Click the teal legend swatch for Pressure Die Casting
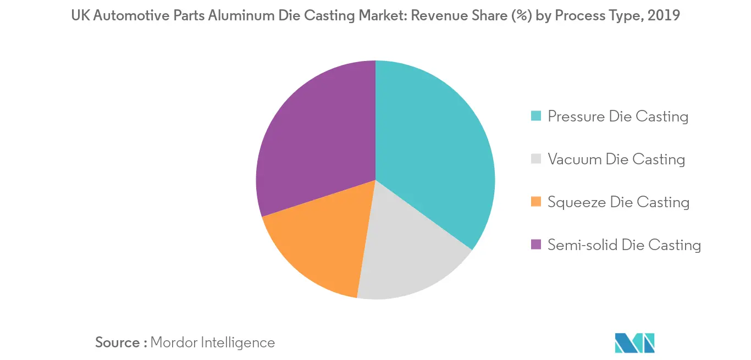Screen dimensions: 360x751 535,117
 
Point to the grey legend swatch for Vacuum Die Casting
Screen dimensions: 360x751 535,159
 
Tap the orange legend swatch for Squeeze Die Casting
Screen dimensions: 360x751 535,202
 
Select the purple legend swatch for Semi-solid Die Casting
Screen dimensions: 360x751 535,245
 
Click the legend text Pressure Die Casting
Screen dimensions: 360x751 618,117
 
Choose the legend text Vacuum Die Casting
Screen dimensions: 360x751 616,159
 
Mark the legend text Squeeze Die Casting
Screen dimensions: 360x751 619,202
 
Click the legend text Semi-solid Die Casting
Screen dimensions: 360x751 624,245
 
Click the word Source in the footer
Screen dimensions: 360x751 118,342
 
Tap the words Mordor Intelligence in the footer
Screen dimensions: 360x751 212,342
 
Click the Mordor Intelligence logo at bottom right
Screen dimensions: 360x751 634,342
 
